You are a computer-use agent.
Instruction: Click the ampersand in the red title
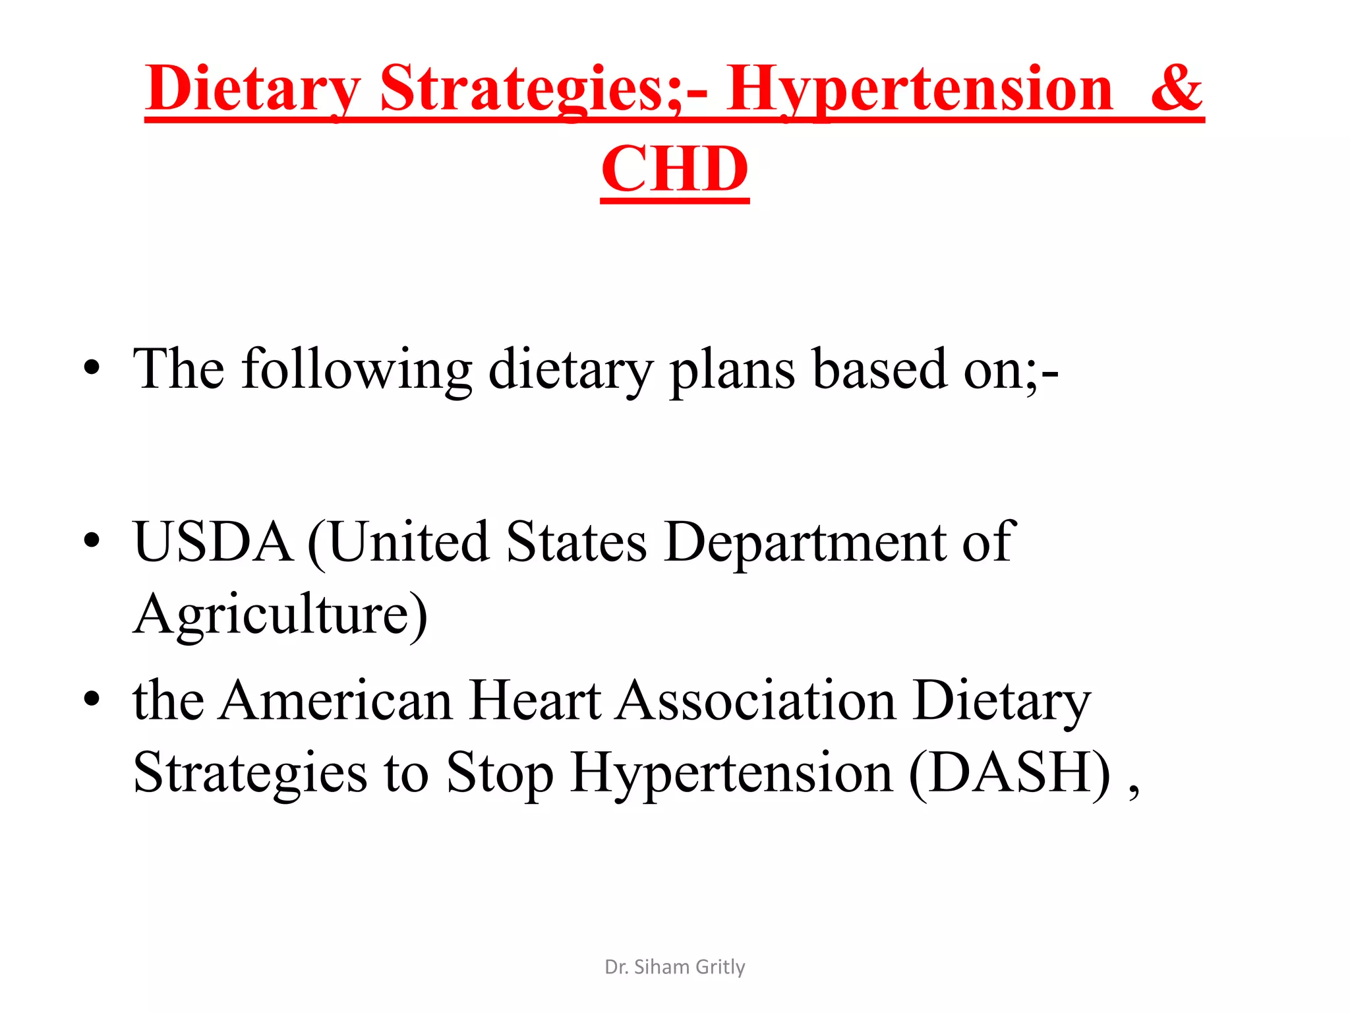tap(1177, 89)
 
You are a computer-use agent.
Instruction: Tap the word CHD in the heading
tap(675, 169)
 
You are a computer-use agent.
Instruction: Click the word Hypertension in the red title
tap(920, 89)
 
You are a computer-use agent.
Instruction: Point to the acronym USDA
tap(213, 541)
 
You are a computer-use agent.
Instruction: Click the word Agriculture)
tap(281, 615)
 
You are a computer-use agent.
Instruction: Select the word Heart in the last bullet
tap(535, 700)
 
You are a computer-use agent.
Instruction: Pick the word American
tap(336, 700)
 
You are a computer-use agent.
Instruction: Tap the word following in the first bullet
tap(357, 370)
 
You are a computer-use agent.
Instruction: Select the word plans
tap(732, 370)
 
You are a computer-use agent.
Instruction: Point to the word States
tap(577, 541)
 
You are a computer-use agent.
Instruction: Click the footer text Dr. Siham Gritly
tap(675, 967)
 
